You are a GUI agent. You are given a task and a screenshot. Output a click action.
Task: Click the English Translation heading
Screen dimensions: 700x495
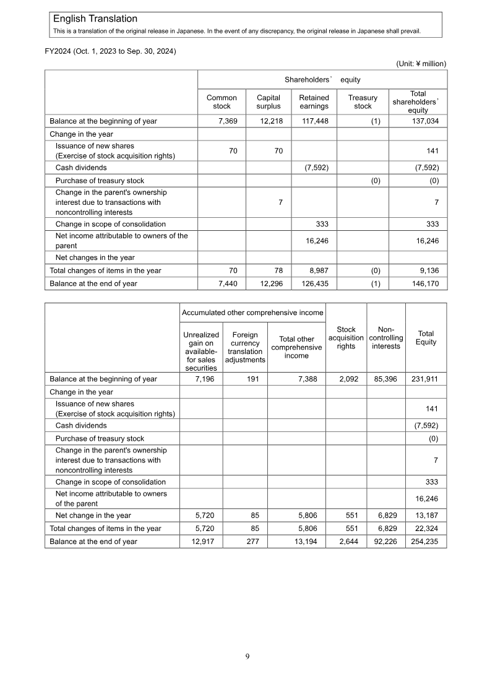(95, 19)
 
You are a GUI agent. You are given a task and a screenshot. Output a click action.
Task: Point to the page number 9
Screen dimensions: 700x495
(247, 657)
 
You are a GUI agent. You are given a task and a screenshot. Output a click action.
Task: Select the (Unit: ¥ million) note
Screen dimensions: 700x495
(421, 63)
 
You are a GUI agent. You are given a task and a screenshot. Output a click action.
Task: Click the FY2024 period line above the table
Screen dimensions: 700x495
(111, 51)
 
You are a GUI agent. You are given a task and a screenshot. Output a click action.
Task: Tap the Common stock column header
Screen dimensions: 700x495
(222, 102)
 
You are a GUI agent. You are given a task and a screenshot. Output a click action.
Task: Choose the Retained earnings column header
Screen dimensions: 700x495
(314, 102)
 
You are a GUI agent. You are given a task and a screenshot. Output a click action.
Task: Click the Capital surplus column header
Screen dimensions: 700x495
(269, 102)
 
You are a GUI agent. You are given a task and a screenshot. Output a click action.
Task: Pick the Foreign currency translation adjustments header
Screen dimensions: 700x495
(245, 347)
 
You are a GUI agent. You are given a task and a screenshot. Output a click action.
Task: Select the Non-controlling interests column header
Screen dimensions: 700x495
(386, 338)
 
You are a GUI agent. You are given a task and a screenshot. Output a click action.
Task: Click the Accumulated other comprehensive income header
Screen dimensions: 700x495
(252, 313)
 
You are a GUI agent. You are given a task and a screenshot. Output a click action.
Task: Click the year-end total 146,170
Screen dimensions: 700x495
(425, 283)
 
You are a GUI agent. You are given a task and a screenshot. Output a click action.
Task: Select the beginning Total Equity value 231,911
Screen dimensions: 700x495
(424, 379)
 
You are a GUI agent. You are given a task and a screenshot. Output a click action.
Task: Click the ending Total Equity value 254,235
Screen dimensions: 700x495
(424, 541)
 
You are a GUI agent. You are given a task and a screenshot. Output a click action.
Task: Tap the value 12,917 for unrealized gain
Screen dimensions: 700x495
(202, 541)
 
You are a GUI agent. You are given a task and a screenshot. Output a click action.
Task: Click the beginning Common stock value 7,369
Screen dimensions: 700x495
(225, 121)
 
